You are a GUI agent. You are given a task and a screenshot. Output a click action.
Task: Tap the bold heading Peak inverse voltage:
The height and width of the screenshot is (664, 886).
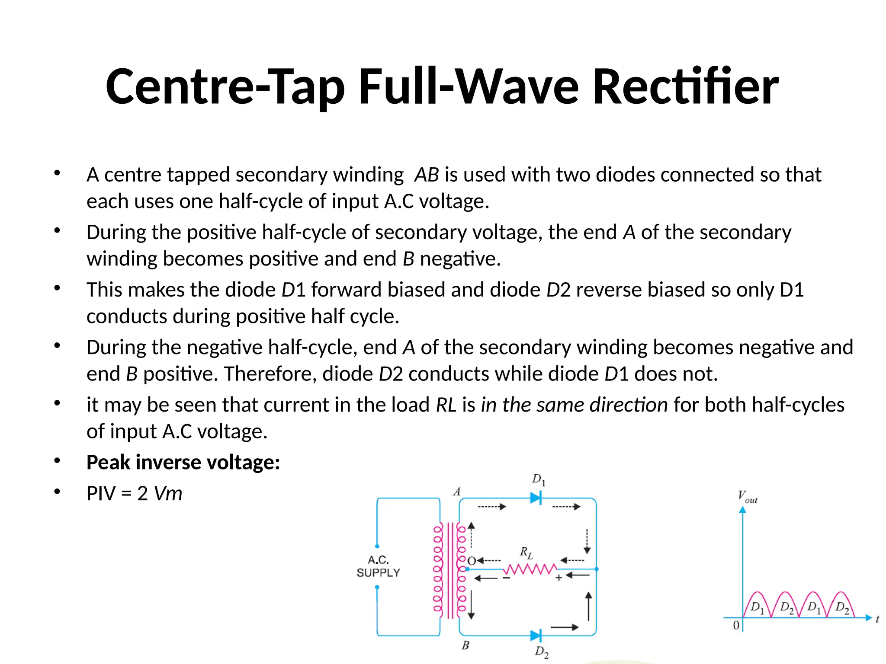(x=183, y=462)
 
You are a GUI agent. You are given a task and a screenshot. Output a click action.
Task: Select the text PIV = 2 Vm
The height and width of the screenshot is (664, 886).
(x=134, y=493)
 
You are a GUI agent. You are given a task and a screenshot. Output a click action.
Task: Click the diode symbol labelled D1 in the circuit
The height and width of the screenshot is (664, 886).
(x=536, y=498)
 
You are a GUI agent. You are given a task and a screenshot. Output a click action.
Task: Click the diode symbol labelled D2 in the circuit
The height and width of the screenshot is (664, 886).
(x=536, y=635)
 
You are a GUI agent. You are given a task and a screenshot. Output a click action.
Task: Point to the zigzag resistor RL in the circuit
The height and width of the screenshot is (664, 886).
(x=530, y=569)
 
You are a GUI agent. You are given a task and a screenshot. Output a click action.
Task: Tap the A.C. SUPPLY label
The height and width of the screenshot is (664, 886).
(x=378, y=566)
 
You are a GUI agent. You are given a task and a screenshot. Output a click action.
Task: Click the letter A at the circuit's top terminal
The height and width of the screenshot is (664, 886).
(x=457, y=492)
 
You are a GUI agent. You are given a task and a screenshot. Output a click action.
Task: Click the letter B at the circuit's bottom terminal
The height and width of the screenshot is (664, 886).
(x=465, y=645)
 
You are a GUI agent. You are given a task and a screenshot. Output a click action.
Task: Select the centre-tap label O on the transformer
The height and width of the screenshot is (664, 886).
(x=472, y=561)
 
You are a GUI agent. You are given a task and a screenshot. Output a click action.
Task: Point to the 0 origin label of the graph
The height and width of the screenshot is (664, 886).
(x=736, y=626)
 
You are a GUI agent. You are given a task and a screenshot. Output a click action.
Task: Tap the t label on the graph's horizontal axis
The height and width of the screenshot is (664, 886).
(x=877, y=619)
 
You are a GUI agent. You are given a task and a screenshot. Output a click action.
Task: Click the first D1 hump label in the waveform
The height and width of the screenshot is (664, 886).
(x=757, y=607)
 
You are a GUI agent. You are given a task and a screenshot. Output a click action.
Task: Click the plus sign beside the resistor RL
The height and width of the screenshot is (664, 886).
(x=559, y=578)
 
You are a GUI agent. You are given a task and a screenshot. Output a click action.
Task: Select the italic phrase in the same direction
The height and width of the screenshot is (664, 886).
(x=574, y=405)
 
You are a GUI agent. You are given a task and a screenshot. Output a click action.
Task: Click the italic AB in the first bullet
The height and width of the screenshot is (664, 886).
(x=427, y=175)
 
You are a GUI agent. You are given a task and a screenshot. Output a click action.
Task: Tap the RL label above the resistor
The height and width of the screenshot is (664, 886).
(x=526, y=552)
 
